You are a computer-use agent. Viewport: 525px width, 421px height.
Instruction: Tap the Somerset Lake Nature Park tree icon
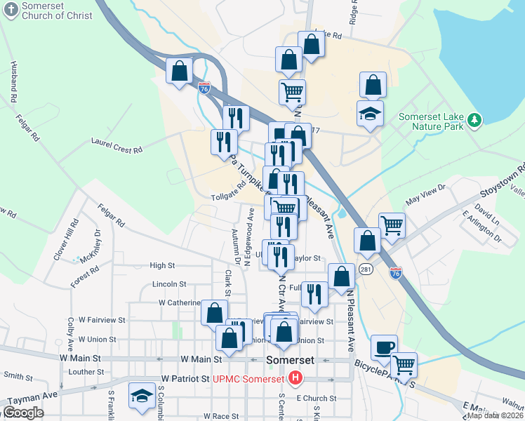475,120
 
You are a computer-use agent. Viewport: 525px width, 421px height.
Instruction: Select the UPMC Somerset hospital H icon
295,379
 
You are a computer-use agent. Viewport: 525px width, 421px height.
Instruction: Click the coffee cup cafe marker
384,347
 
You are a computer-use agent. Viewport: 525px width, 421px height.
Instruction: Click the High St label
162,265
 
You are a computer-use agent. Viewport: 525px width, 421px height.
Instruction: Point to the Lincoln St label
168,284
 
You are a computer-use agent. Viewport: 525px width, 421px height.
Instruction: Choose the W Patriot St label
185,378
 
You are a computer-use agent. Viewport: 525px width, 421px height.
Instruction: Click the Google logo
23,413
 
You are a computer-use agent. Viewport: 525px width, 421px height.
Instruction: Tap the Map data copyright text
494,415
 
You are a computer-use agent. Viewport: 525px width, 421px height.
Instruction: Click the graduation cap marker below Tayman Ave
142,396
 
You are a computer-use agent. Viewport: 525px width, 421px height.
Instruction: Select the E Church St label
317,398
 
